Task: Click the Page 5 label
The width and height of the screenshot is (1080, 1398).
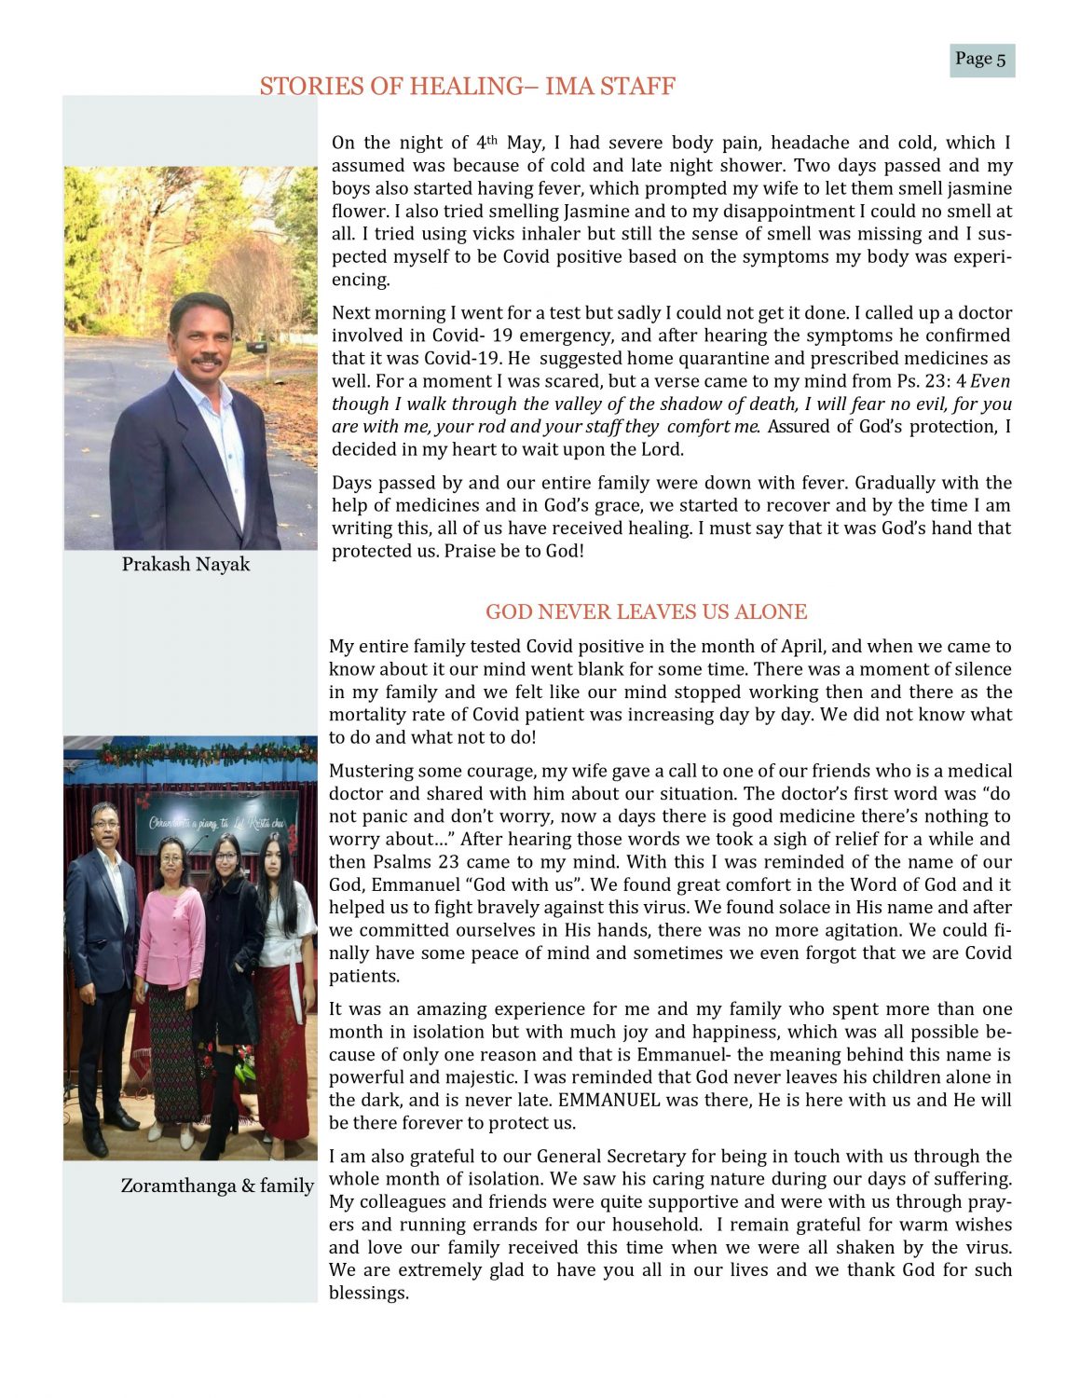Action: pyautogui.click(x=981, y=60)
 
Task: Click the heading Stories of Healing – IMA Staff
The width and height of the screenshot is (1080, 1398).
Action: pyautogui.click(x=467, y=87)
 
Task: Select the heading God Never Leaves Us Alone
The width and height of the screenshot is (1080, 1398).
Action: pyautogui.click(x=646, y=612)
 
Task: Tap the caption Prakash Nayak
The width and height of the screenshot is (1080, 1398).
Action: pyautogui.click(x=185, y=565)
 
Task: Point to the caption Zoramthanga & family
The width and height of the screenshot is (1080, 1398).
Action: pyautogui.click(x=216, y=1186)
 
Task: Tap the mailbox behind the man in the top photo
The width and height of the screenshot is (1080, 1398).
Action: pyautogui.click(x=255, y=347)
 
